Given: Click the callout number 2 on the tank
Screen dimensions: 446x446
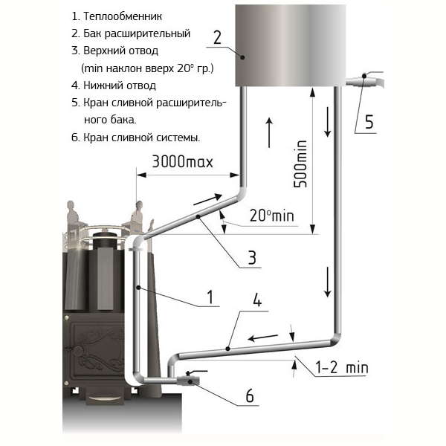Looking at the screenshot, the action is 217,38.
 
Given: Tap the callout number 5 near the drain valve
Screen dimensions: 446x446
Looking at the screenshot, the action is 369,122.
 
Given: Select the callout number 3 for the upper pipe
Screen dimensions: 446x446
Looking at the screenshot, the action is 252,257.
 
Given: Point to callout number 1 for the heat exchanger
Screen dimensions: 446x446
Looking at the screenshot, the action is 210,297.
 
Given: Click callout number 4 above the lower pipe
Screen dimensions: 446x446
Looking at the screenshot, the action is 257,300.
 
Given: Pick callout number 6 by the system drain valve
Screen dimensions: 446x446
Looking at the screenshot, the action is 250,395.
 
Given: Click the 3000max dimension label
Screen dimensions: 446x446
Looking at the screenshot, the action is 182,161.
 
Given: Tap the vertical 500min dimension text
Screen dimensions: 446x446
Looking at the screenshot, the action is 300,164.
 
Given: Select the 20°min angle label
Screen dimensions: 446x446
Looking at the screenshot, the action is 271,216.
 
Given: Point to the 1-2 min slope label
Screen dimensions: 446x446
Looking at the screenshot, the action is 342,367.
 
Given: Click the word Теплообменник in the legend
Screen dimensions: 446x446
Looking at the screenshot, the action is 123,17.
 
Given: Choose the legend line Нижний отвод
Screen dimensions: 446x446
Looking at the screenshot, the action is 114,85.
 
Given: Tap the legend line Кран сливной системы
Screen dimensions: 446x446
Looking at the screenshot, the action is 136,138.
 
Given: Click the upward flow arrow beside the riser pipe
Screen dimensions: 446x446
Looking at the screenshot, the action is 269,132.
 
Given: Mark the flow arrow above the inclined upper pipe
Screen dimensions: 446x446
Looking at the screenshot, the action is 207,199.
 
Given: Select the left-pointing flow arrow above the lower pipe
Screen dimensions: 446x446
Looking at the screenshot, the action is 262,337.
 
